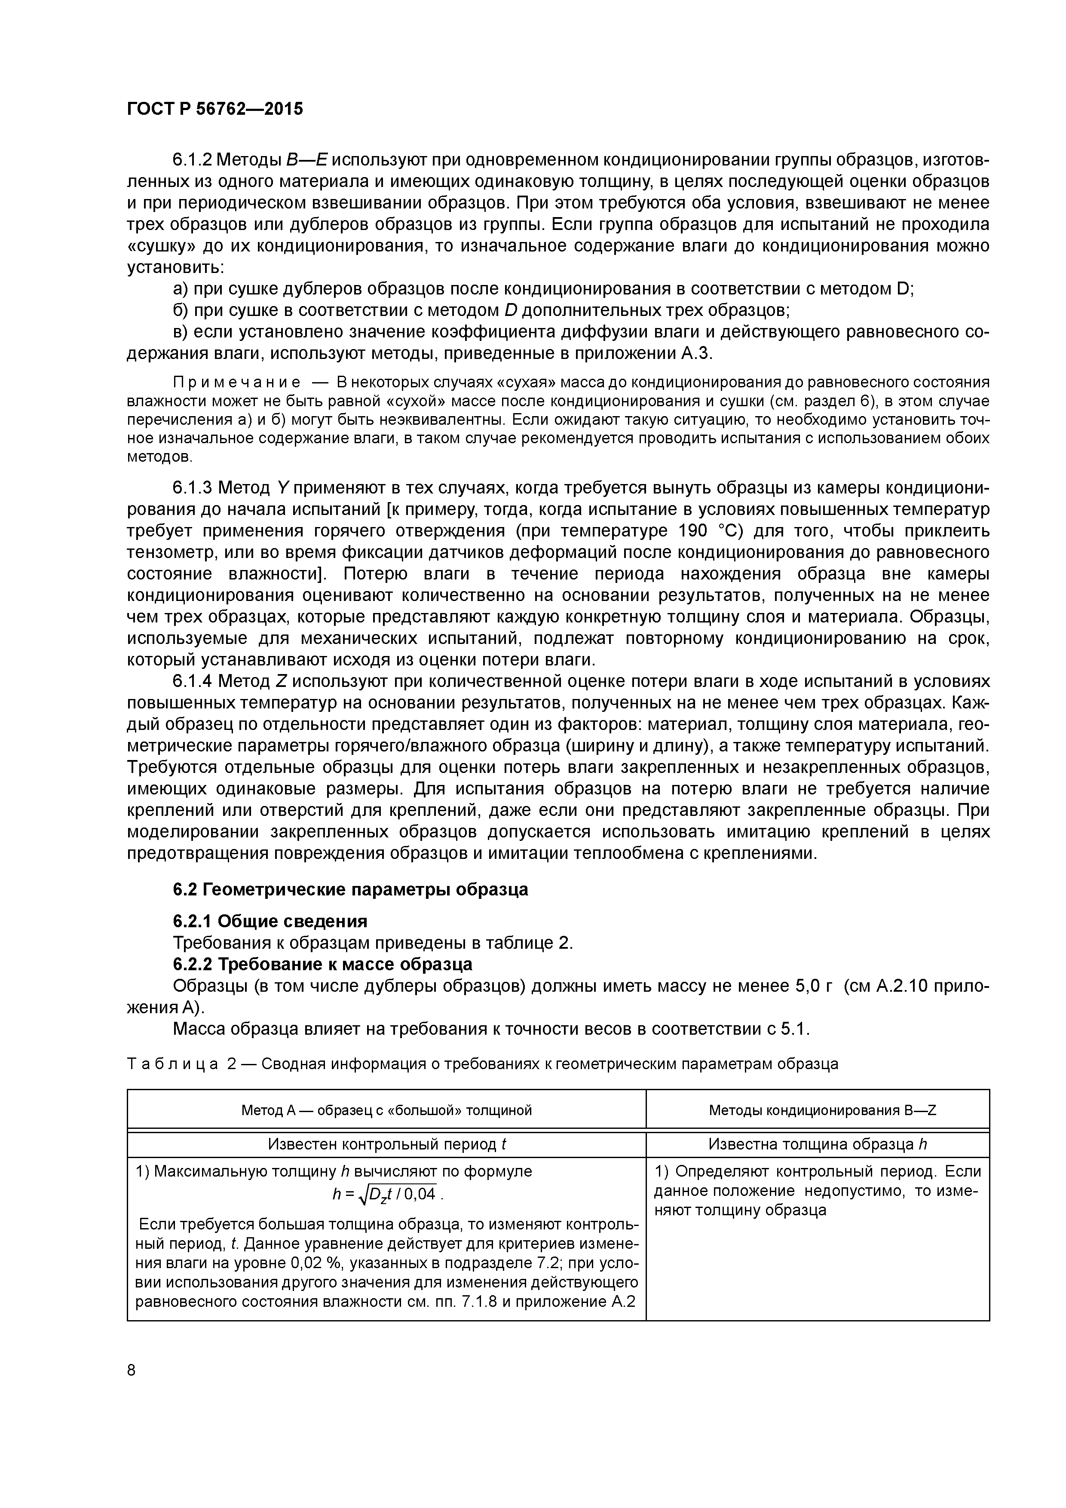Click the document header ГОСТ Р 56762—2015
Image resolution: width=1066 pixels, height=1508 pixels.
pyautogui.click(x=215, y=109)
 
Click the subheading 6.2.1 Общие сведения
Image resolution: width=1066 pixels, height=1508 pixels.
pyautogui.click(x=270, y=921)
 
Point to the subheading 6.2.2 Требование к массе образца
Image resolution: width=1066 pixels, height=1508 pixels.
pyautogui.click(x=322, y=964)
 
